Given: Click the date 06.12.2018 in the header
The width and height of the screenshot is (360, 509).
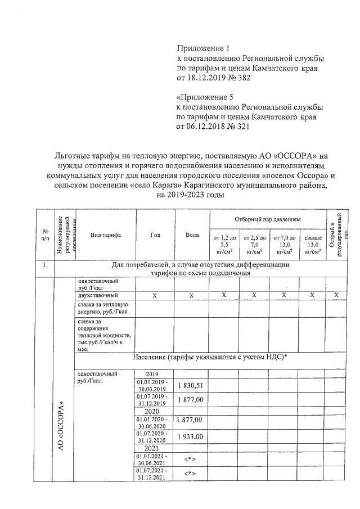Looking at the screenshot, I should tap(205, 127).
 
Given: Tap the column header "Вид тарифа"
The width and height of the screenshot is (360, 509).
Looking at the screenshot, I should tap(105, 235).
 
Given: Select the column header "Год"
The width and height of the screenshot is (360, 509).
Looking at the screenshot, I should tap(155, 235).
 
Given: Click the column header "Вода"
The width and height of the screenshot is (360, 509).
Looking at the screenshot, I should tap(191, 235).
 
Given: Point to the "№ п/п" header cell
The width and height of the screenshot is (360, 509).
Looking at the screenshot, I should tap(43, 235).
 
